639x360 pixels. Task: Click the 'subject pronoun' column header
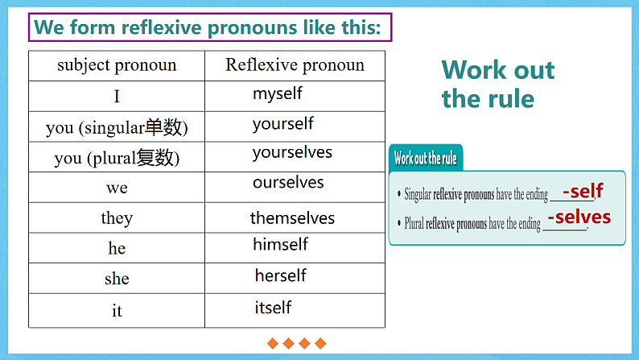click(117, 65)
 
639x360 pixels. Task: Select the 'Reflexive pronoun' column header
click(295, 65)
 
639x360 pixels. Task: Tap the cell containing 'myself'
click(278, 93)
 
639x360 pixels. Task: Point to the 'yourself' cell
click(282, 124)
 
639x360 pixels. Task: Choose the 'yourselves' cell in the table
click(292, 152)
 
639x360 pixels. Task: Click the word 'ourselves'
click(288, 183)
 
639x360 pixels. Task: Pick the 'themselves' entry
click(292, 218)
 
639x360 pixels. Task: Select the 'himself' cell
click(280, 244)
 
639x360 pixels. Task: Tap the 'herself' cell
click(281, 275)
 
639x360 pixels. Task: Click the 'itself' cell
click(273, 308)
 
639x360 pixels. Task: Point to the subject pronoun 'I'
click(117, 97)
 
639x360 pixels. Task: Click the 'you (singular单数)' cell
click(117, 127)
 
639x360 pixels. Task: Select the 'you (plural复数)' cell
click(117, 158)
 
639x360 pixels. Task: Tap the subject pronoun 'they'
click(117, 218)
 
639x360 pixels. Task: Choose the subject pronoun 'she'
click(117, 279)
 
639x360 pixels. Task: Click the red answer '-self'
click(583, 192)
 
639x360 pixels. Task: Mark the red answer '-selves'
click(579, 217)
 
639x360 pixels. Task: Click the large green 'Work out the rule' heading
click(497, 85)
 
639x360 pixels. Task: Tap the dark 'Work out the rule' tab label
click(425, 159)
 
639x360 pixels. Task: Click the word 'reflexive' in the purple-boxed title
click(159, 27)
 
